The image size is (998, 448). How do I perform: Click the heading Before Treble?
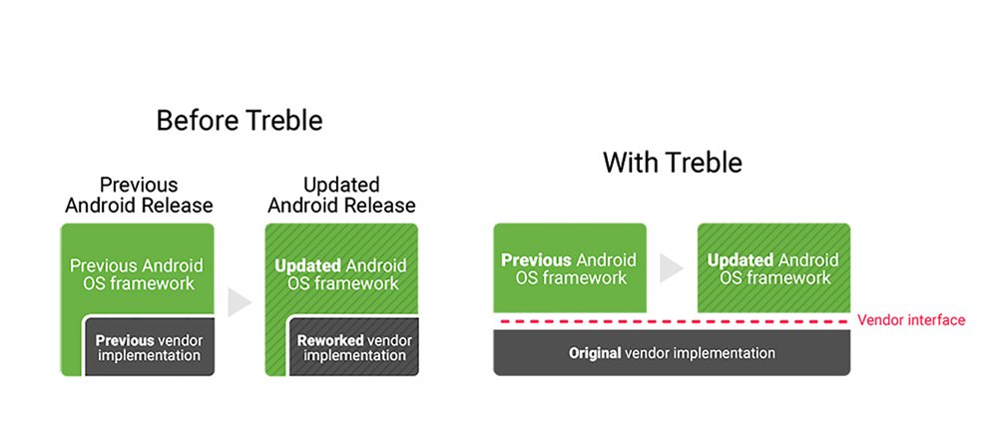pos(240,121)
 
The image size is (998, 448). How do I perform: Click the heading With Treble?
pos(672,163)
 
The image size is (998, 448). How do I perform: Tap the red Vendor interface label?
pos(911,320)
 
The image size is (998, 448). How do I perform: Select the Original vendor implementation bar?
pos(672,353)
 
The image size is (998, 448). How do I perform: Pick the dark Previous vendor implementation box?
pos(148,347)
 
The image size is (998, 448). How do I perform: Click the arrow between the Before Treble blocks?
pos(240,302)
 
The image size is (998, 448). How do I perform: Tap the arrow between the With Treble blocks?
pos(672,268)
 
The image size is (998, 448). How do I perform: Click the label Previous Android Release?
pos(139,196)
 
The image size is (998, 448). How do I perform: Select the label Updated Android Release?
pos(340,196)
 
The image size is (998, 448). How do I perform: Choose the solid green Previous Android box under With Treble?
pos(570,268)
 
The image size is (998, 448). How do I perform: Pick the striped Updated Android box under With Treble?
pos(773,268)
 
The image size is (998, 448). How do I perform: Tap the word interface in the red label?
pos(938,320)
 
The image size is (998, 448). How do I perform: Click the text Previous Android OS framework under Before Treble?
pos(136,274)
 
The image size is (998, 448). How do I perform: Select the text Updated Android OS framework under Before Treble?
pos(340,274)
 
